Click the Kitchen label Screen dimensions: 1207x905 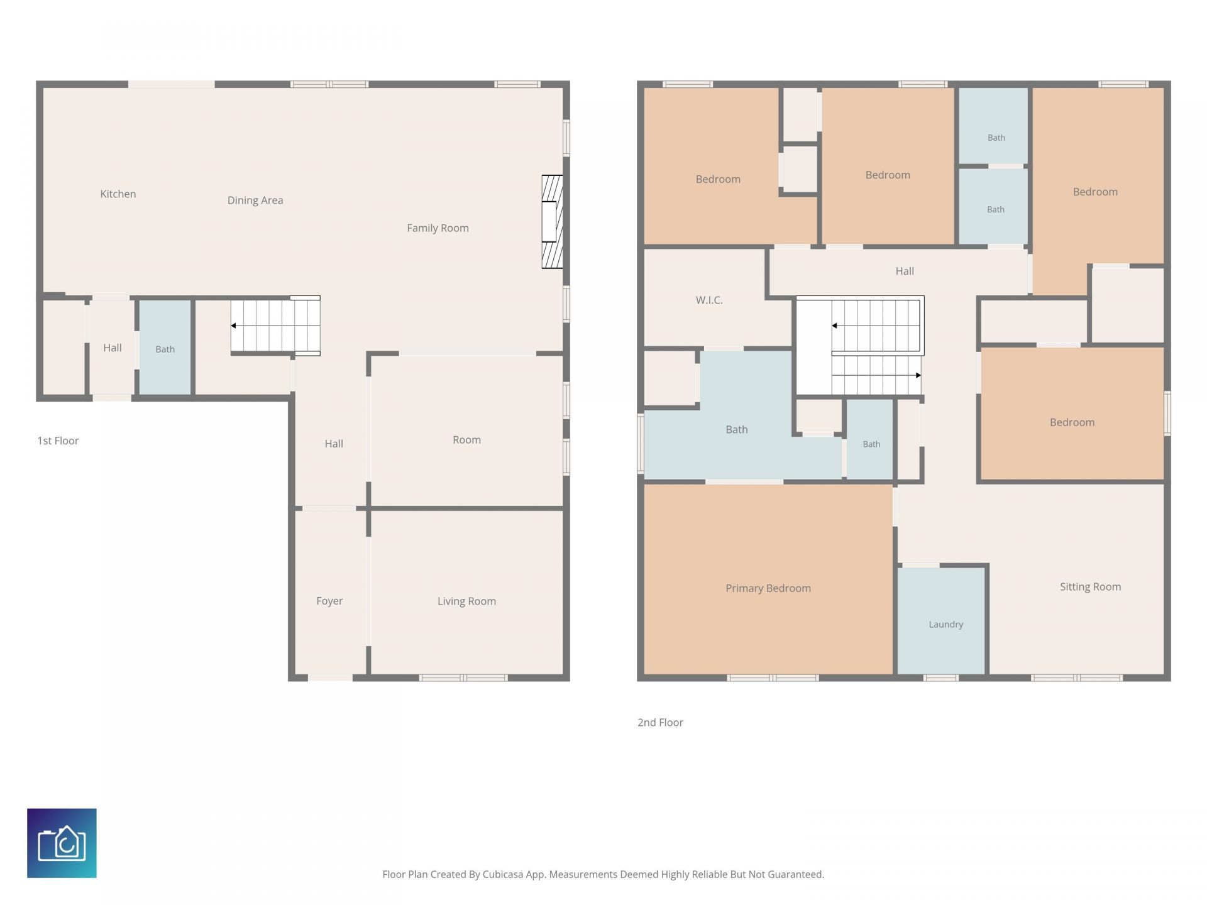(x=118, y=194)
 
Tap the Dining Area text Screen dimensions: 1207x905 (x=255, y=200)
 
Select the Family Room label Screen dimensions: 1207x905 (x=438, y=228)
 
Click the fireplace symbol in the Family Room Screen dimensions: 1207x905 (x=552, y=222)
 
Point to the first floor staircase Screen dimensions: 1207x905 (x=275, y=326)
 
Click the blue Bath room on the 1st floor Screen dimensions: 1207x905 (x=165, y=348)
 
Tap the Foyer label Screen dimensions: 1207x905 (x=329, y=601)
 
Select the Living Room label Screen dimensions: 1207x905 (x=466, y=601)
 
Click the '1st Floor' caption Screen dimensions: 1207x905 (x=58, y=441)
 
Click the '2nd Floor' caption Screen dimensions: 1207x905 (x=660, y=723)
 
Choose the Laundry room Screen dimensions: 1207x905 (x=941, y=621)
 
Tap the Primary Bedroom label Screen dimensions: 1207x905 (x=768, y=588)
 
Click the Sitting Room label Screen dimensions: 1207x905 (x=1090, y=587)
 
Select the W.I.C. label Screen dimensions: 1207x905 (x=709, y=300)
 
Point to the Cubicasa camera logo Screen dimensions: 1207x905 (x=62, y=843)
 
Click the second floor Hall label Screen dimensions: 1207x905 (x=905, y=271)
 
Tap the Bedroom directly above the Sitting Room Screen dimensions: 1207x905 (x=1072, y=414)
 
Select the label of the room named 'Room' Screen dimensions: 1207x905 (x=466, y=440)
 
